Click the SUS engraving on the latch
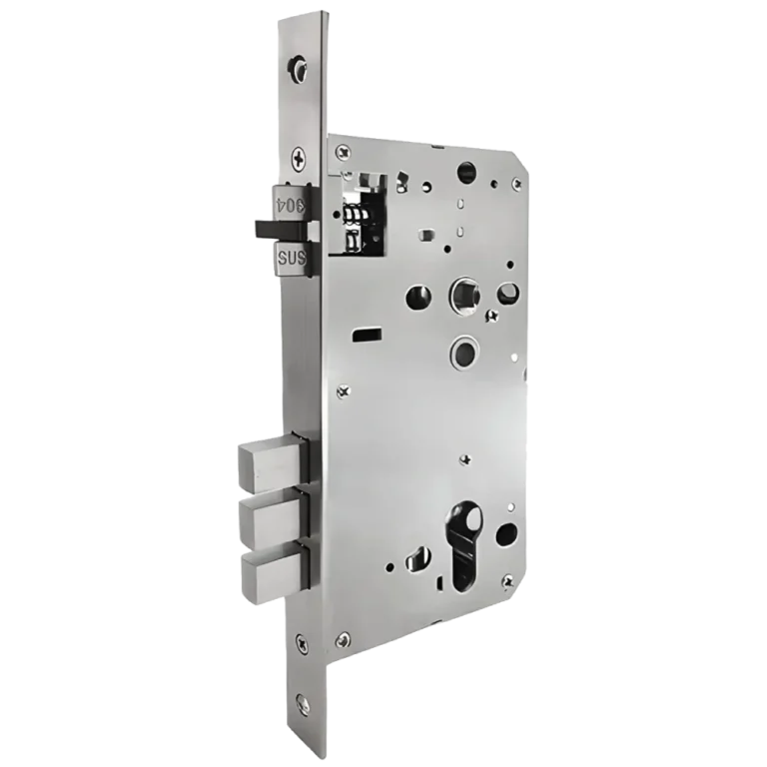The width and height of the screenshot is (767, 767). click(x=291, y=258)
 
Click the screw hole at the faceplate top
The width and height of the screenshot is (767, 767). click(x=298, y=66)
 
